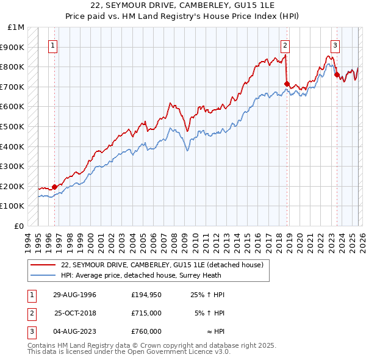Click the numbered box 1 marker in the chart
coord(53,45)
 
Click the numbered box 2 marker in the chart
coord(285,45)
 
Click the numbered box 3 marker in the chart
coord(335,45)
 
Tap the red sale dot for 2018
coord(287,83)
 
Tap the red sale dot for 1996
coord(55,187)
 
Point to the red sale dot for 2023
coord(337,74)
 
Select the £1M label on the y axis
coord(16,27)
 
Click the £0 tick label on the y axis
coord(20,226)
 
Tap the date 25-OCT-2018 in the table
coord(76,313)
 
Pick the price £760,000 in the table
coord(146,331)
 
